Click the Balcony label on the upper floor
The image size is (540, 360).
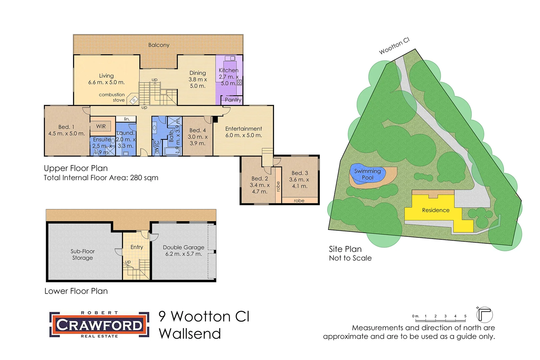(x=159, y=45)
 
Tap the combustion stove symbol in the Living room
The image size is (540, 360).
(x=134, y=100)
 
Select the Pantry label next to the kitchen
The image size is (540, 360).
(x=233, y=100)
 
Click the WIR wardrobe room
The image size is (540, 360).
(x=101, y=126)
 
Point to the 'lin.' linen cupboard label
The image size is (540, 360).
(x=127, y=119)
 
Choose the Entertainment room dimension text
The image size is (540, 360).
(x=243, y=135)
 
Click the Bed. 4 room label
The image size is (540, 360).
(x=197, y=130)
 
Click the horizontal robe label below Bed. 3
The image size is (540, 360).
(x=299, y=201)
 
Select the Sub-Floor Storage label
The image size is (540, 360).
(x=82, y=254)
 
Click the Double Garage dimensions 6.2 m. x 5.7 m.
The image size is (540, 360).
(x=183, y=254)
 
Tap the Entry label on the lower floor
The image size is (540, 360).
(x=137, y=247)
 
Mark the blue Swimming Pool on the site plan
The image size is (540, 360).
(x=367, y=174)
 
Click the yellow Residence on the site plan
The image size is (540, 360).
(x=436, y=210)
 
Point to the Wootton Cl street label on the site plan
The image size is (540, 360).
(x=394, y=46)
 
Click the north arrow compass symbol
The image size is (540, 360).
(x=484, y=314)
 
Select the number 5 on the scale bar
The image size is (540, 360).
(x=465, y=316)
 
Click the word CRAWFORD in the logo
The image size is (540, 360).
(x=99, y=325)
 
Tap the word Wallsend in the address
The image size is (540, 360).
(x=190, y=334)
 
